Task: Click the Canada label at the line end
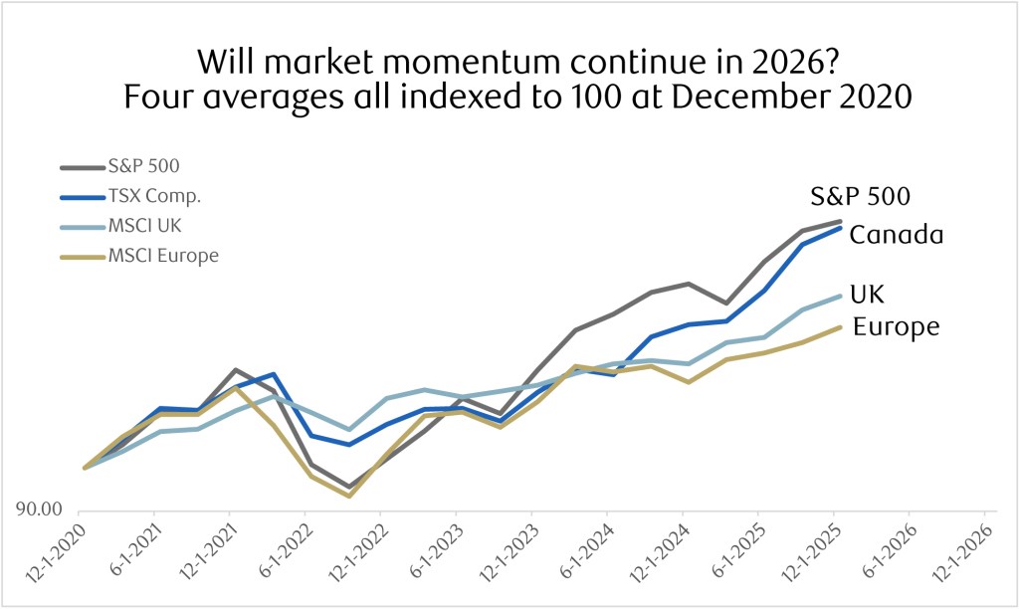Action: [896, 236]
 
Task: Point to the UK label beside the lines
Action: [867, 295]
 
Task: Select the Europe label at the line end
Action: [897, 326]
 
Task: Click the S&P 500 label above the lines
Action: [859, 196]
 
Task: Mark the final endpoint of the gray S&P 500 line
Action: [841, 221]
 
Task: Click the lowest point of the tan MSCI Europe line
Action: [348, 496]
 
